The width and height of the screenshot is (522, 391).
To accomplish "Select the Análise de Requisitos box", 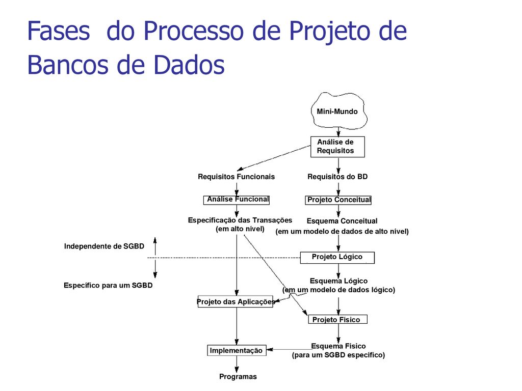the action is tap(337, 147).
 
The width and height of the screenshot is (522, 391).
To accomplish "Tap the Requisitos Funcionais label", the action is tap(236, 177).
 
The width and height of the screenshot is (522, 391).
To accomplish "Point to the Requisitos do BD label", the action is tap(337, 177).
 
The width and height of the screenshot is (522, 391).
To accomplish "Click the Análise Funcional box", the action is tap(237, 200).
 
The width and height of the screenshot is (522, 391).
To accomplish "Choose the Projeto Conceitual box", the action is tap(338, 200).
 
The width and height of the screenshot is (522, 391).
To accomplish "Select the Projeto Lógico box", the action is tap(337, 258).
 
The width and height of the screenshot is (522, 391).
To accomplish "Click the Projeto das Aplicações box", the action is tap(236, 301).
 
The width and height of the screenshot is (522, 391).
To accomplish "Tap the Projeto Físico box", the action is tap(337, 320).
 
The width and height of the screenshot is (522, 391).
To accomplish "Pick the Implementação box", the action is tap(237, 350).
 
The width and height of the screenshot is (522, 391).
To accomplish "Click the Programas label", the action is tap(238, 377).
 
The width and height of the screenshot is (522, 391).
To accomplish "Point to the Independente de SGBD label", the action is tap(104, 246).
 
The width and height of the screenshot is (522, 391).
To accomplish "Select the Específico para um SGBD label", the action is tap(108, 286).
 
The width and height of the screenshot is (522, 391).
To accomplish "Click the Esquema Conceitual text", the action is tap(342, 221).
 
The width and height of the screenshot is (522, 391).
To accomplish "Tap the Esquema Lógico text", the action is tap(338, 281).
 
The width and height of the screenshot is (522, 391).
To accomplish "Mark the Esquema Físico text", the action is tap(338, 346).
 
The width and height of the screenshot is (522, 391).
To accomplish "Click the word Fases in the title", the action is tap(59, 31).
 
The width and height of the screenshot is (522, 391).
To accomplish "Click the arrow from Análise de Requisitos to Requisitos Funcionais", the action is tap(274, 158).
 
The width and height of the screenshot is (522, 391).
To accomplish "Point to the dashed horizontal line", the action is tap(224, 258).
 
